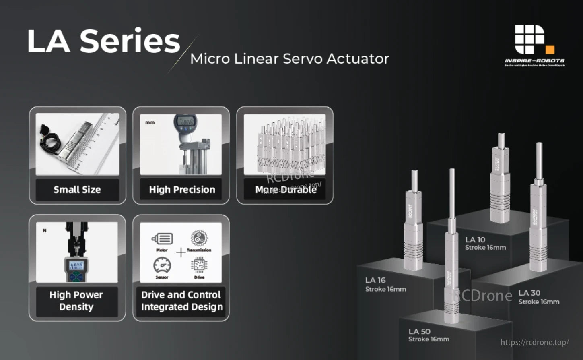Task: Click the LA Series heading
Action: click(103, 41)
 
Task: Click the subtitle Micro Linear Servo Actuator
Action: click(289, 59)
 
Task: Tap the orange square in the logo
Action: click(550, 50)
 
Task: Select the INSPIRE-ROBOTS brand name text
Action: click(535, 61)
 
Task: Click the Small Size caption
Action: click(77, 190)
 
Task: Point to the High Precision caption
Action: click(182, 190)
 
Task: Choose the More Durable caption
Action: click(286, 190)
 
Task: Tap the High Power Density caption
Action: click(76, 301)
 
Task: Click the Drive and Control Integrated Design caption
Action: click(181, 301)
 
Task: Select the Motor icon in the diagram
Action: click(163, 239)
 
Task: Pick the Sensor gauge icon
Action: click(162, 265)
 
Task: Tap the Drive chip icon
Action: click(199, 265)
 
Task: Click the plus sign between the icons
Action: click(181, 252)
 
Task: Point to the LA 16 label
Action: click(375, 280)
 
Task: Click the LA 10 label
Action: click(475, 240)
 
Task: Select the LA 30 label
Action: click(529, 293)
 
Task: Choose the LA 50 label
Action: click(419, 331)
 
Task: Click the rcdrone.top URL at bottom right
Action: click(534, 342)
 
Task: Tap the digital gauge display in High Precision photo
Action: click(185, 121)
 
